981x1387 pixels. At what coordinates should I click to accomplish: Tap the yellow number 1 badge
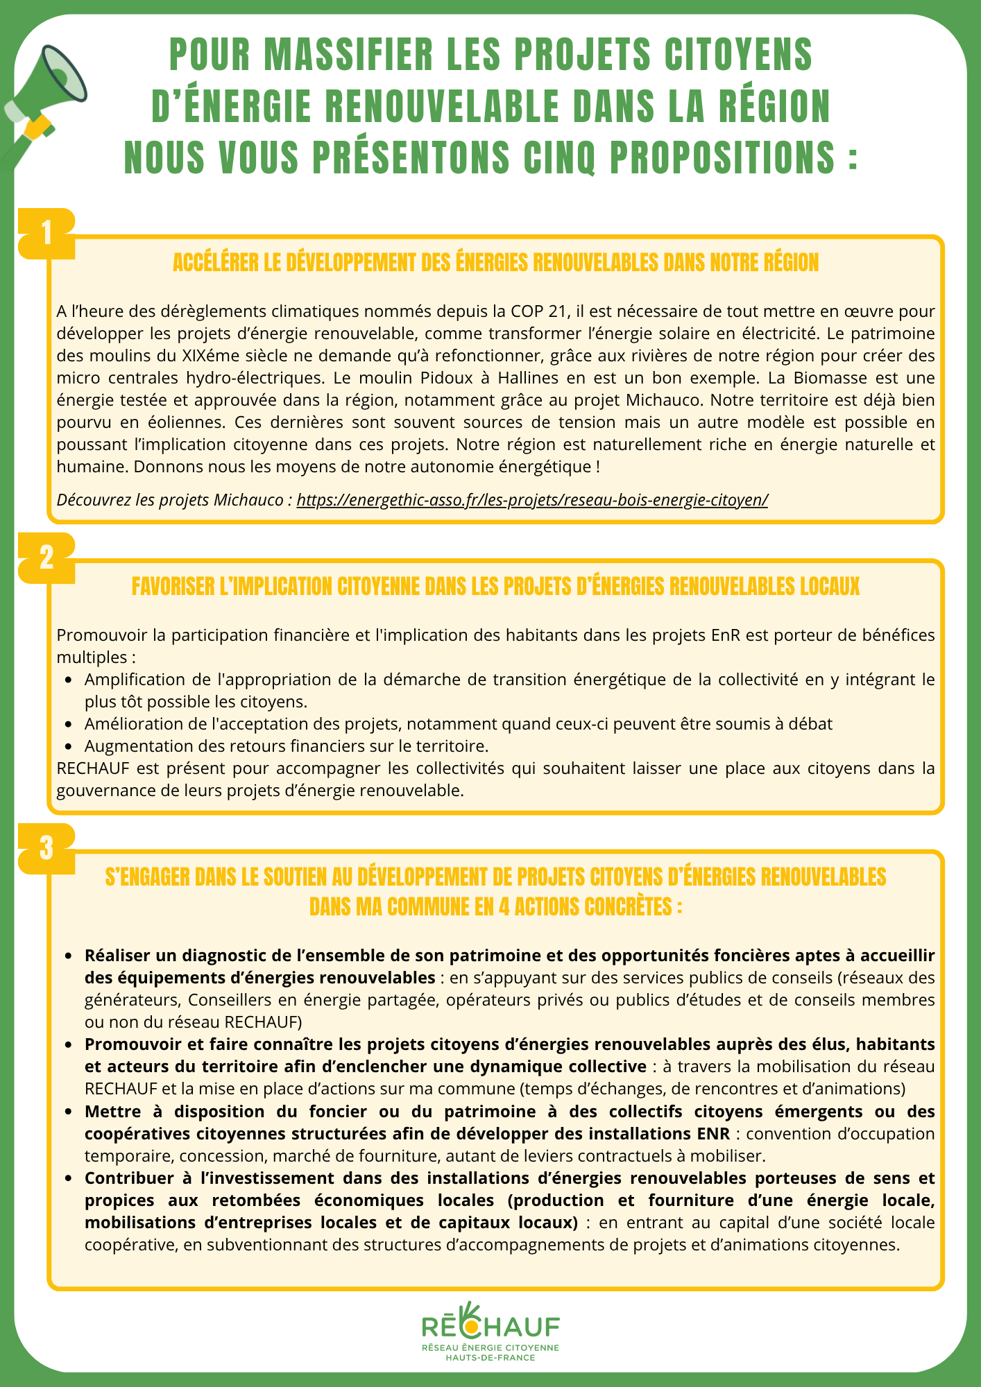pos(46,234)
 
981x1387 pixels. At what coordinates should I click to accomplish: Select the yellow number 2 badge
pos(46,558)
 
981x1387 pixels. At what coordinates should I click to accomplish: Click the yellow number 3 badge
pos(46,847)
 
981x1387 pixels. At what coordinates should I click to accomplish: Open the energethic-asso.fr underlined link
pos(532,500)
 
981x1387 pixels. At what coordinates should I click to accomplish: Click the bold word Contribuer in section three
pos(123,1178)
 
